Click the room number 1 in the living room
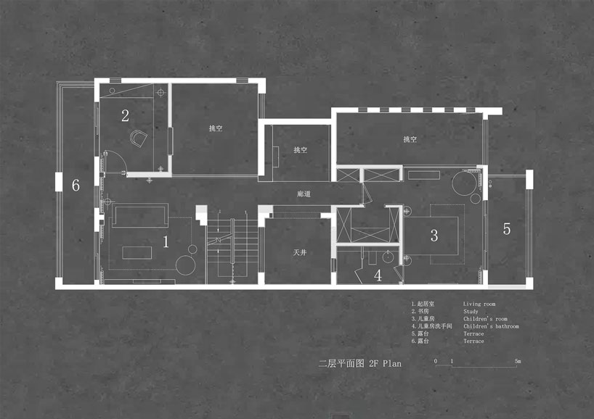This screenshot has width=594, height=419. tap(166, 241)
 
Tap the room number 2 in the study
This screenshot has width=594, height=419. tap(125, 116)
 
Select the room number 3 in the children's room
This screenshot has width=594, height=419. tap(434, 236)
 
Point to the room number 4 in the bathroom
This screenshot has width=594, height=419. tap(378, 275)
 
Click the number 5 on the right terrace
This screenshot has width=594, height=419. tap(506, 229)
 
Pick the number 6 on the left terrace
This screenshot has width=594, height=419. tap(76, 185)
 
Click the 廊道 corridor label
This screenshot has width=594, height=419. tap(304, 194)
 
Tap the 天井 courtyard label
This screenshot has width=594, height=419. tap(300, 252)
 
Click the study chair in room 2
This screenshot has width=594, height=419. tap(138, 138)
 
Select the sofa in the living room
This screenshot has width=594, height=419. tap(140, 215)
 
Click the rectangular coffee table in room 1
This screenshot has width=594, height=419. tap(137, 252)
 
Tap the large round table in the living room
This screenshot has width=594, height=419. tap(186, 265)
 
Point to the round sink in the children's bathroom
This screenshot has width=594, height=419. tap(388, 257)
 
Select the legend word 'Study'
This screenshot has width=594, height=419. tap(471, 311)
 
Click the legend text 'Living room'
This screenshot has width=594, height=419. tap(479, 304)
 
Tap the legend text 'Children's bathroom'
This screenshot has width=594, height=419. tap(491, 326)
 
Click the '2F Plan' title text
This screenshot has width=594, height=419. tap(386, 363)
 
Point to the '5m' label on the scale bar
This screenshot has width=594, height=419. tap(518, 361)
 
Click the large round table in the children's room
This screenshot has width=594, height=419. tap(464, 183)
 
